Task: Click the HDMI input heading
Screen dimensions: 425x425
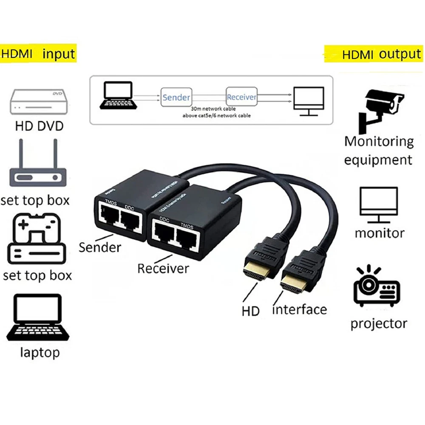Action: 38,54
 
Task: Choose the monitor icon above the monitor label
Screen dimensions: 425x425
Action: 380,204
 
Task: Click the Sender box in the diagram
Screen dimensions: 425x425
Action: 176,97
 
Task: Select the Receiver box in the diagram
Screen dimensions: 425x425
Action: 241,97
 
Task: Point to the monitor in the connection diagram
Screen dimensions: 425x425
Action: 309,100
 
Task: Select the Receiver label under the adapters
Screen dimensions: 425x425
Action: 163,268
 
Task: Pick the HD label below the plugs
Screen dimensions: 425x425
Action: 251,311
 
